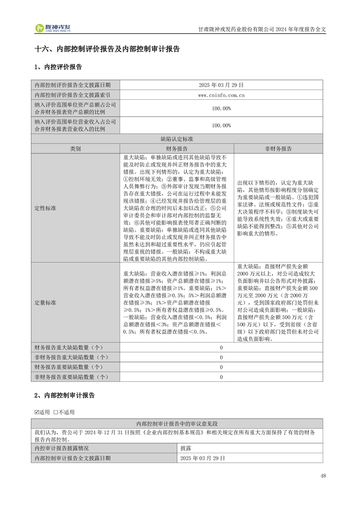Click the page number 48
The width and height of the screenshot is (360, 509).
pyautogui.click(x=323, y=475)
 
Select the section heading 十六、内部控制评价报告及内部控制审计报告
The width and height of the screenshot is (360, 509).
pyautogui.click(x=107, y=49)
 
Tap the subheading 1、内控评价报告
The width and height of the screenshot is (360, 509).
pyautogui.click(x=58, y=67)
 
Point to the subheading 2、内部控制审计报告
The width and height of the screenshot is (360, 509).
pyautogui.click(x=64, y=396)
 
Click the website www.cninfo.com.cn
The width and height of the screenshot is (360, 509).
pyautogui.click(x=222, y=95)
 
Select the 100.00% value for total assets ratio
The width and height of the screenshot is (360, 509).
pyautogui.click(x=222, y=108)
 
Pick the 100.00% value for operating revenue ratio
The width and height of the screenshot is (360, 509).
pyautogui.click(x=222, y=125)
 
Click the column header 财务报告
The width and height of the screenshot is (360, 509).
pyautogui.click(x=177, y=149)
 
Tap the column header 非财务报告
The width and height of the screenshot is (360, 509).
pyautogui.click(x=278, y=149)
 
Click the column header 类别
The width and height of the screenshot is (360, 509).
pyautogui.click(x=75, y=149)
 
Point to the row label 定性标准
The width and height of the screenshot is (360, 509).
pyautogui.click(x=45, y=208)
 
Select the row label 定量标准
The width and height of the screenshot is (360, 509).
pyautogui.click(x=45, y=302)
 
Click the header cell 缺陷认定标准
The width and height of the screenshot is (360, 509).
pyautogui.click(x=177, y=139)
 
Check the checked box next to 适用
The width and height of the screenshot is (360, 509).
pyautogui.click(x=37, y=412)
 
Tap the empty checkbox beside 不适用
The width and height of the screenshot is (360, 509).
pyautogui.click(x=55, y=412)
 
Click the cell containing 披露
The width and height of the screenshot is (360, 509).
pyautogui.click(x=185, y=448)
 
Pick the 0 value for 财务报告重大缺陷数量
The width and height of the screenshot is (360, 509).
pyautogui.click(x=222, y=347)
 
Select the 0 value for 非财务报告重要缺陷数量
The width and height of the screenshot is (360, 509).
pyautogui.click(x=222, y=377)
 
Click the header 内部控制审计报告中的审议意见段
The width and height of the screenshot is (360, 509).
pyautogui.click(x=177, y=423)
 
